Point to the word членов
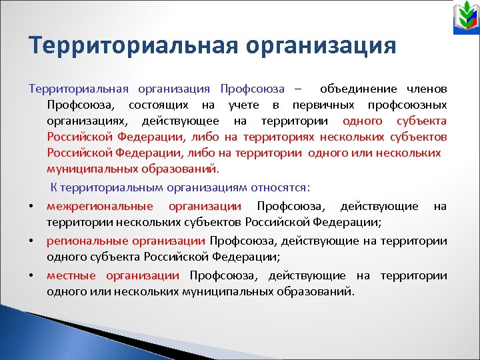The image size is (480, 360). click(426, 89)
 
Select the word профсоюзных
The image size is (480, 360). click(407, 105)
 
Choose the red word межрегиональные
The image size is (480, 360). click(99, 207)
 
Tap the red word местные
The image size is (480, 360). click(71, 276)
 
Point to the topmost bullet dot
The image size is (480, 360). click(32, 207)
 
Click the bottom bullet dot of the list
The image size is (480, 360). click(32, 276)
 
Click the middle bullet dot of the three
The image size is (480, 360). click(32, 241)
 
